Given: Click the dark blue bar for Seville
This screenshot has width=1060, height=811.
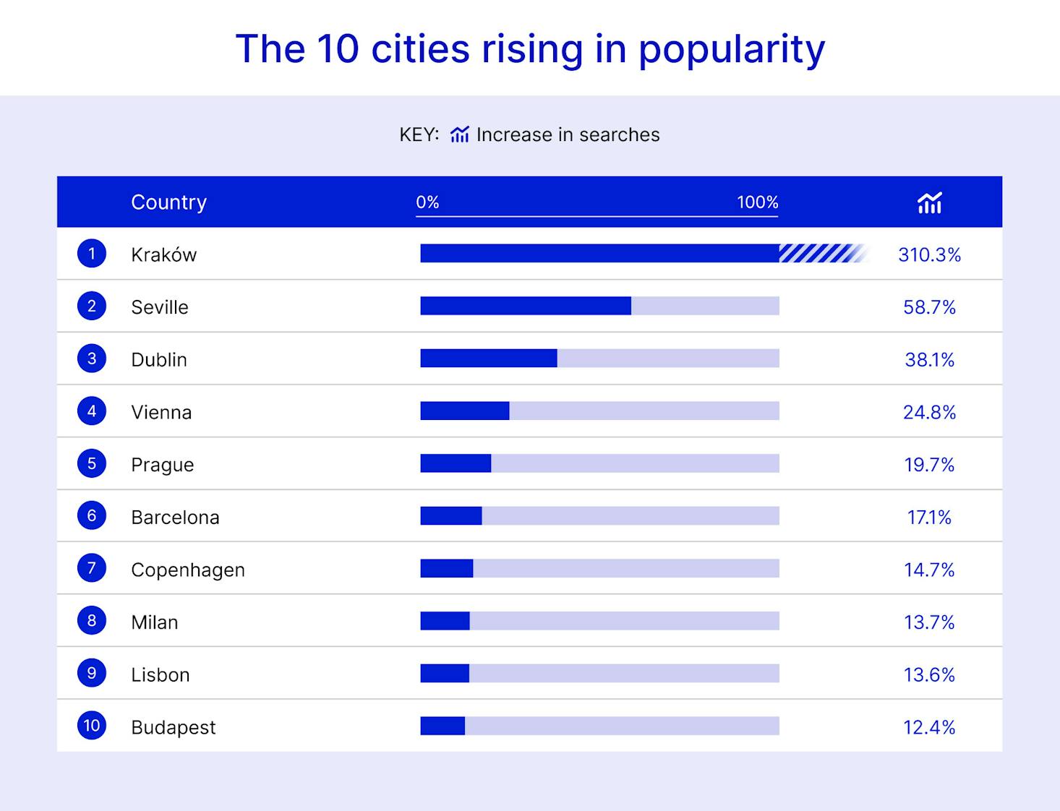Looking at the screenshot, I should click(x=525, y=306).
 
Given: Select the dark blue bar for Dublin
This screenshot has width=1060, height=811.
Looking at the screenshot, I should click(x=488, y=359).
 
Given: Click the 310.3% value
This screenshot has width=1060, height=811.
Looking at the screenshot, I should click(x=929, y=254).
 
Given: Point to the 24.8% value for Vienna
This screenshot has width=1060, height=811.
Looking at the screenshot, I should click(x=929, y=412).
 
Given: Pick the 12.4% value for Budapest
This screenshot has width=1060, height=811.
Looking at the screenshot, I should click(x=929, y=727).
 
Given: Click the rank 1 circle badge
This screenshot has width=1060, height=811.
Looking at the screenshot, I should click(x=92, y=254).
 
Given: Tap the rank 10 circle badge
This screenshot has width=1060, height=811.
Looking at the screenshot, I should click(x=92, y=725).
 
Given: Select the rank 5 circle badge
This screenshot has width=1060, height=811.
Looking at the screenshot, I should click(x=92, y=463).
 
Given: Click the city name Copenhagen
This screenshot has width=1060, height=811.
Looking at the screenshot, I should click(x=188, y=570).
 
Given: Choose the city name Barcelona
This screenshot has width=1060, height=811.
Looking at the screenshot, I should click(x=175, y=518).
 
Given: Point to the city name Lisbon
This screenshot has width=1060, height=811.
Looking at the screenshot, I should click(x=161, y=675).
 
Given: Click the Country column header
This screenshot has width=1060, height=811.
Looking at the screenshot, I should click(x=168, y=202).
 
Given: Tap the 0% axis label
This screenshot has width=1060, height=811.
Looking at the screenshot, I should click(x=427, y=202).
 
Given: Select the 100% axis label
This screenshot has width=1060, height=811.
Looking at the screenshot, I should click(x=757, y=202).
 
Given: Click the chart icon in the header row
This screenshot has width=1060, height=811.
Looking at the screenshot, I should click(x=929, y=203).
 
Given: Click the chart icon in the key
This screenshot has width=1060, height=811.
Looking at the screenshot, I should click(x=460, y=134).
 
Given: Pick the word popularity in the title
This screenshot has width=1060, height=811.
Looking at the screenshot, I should click(x=731, y=49).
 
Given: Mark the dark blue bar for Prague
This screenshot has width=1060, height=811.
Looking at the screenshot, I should click(x=456, y=463).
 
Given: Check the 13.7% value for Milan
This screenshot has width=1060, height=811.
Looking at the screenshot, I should click(x=929, y=622).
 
